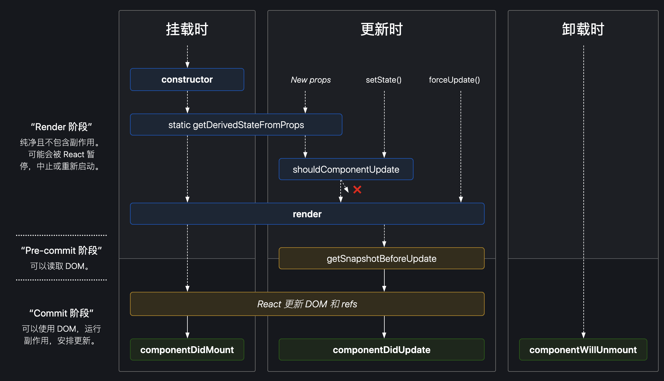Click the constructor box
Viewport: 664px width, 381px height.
click(x=187, y=80)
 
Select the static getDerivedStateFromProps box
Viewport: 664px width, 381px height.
click(x=236, y=125)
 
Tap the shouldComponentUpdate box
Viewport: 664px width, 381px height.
click(x=346, y=169)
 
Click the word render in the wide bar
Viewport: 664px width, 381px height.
click(x=307, y=214)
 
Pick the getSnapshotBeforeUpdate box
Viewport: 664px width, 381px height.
click(x=381, y=259)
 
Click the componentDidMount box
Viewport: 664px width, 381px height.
click(x=187, y=350)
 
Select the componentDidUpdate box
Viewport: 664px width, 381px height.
click(x=381, y=350)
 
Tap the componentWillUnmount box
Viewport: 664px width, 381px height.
click(x=583, y=350)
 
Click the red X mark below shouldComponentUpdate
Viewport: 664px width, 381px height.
click(x=357, y=190)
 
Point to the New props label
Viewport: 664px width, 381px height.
click(x=311, y=80)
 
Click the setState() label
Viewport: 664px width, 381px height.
click(x=383, y=80)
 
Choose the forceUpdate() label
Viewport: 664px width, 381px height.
click(x=454, y=80)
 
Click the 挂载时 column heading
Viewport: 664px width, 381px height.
click(x=187, y=29)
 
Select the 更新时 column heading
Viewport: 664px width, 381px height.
click(x=381, y=29)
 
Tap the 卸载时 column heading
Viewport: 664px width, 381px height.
click(x=583, y=29)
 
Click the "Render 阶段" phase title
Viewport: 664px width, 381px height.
click(x=61, y=127)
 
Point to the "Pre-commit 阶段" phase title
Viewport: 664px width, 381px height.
click(x=61, y=251)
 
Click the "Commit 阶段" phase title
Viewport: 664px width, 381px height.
click(x=61, y=313)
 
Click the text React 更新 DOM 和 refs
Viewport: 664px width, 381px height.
click(x=307, y=304)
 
